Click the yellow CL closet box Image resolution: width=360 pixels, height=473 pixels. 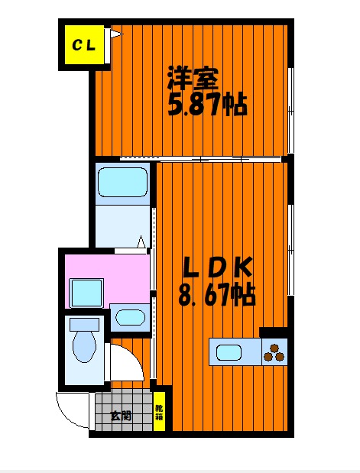click(84, 45)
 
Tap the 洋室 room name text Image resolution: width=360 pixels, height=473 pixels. click(193, 79)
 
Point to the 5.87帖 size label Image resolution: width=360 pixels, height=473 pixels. click(206, 105)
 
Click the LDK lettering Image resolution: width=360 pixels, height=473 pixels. click(217, 268)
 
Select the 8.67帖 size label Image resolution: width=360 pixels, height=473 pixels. click(217, 294)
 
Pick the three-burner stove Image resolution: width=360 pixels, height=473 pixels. click(274, 352)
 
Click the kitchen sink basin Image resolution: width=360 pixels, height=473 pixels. click(229, 352)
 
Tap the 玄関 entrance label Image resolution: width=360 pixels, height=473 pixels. click(121, 416)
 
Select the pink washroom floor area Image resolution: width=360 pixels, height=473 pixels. click(122, 271)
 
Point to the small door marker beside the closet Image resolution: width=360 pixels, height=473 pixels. click(116, 33)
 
